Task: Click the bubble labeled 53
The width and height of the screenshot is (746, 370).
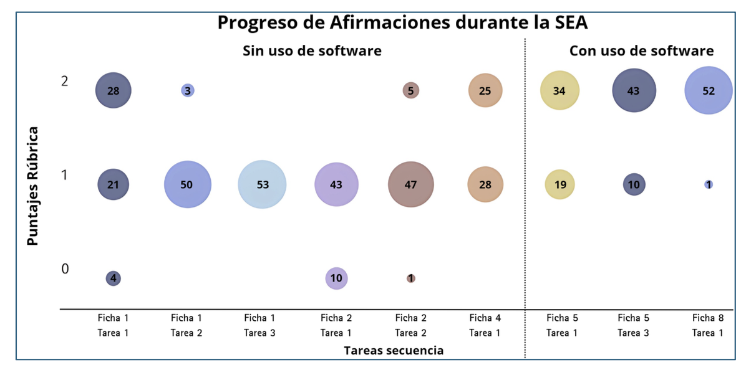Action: click(x=262, y=184)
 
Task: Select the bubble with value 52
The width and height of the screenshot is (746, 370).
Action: click(x=709, y=90)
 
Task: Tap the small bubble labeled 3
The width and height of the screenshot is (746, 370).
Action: click(x=188, y=90)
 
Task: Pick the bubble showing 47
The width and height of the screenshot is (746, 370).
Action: click(x=411, y=184)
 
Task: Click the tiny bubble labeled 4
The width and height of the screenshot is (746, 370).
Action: click(x=113, y=278)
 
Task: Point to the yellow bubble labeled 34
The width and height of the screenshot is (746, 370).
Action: click(x=559, y=90)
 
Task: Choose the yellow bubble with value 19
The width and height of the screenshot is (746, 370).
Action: click(x=559, y=184)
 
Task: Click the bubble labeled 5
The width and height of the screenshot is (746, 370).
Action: click(x=410, y=90)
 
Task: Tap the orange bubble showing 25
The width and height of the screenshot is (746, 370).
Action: click(x=485, y=90)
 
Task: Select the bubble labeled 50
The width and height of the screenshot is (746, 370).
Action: click(x=188, y=184)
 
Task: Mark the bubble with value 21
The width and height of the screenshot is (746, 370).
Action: click(x=113, y=184)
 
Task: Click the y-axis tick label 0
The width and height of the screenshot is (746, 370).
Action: click(x=65, y=269)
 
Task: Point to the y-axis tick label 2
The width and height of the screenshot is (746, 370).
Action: click(x=65, y=81)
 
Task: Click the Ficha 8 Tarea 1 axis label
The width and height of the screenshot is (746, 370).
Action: click(x=708, y=325)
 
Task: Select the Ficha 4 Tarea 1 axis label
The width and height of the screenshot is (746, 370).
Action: click(x=485, y=325)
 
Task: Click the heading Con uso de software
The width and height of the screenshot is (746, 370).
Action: click(x=641, y=51)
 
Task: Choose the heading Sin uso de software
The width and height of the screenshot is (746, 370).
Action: click(x=312, y=51)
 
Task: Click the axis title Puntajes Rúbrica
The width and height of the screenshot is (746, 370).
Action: click(x=33, y=186)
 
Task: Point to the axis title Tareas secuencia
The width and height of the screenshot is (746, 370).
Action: click(x=394, y=351)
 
